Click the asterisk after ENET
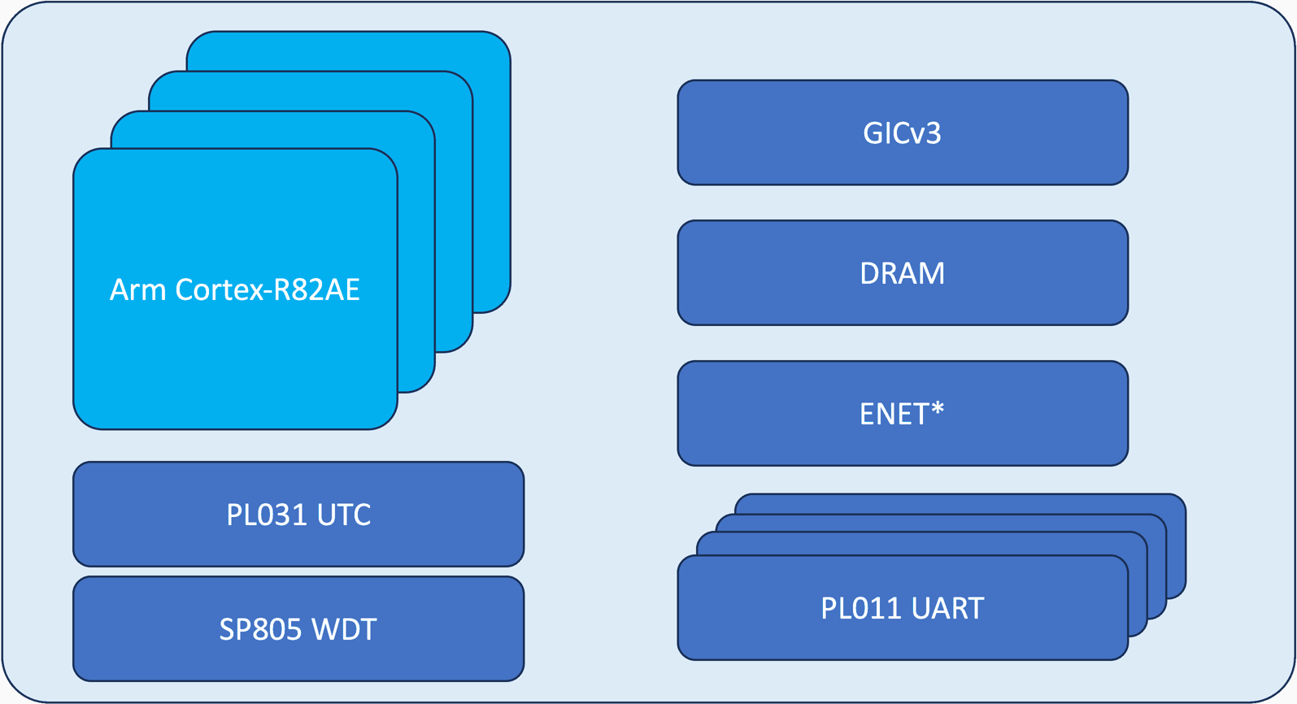point(938,408)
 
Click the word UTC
point(344,515)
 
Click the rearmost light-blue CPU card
point(493,163)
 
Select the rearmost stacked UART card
point(1176,545)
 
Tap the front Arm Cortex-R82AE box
point(235,366)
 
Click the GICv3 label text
point(903,133)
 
